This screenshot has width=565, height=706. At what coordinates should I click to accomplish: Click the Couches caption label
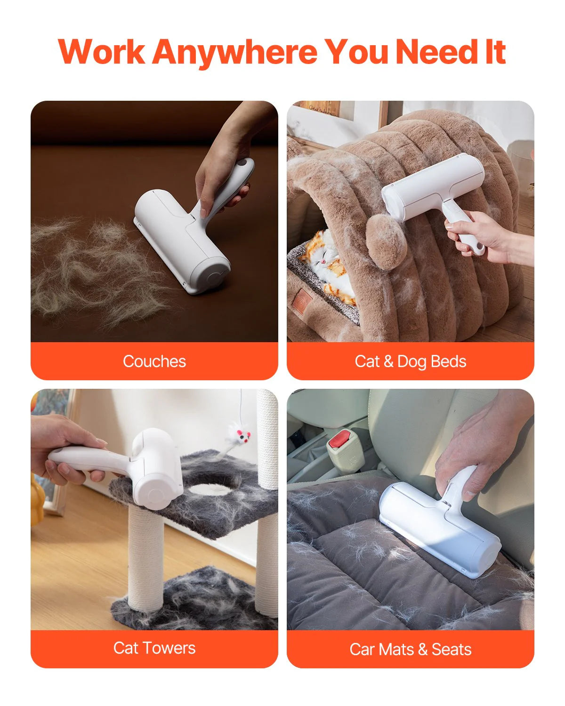154,361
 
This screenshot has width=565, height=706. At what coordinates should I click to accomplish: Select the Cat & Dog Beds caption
410,361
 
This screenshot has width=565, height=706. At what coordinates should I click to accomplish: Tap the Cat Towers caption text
154,648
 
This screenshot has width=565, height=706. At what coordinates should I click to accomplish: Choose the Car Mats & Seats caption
410,650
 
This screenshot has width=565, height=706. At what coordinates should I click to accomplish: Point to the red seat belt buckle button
338,439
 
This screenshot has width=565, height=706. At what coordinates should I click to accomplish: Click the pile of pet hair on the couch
89,268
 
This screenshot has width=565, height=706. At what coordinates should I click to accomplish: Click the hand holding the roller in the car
480,447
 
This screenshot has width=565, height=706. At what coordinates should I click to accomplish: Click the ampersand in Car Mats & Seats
422,650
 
